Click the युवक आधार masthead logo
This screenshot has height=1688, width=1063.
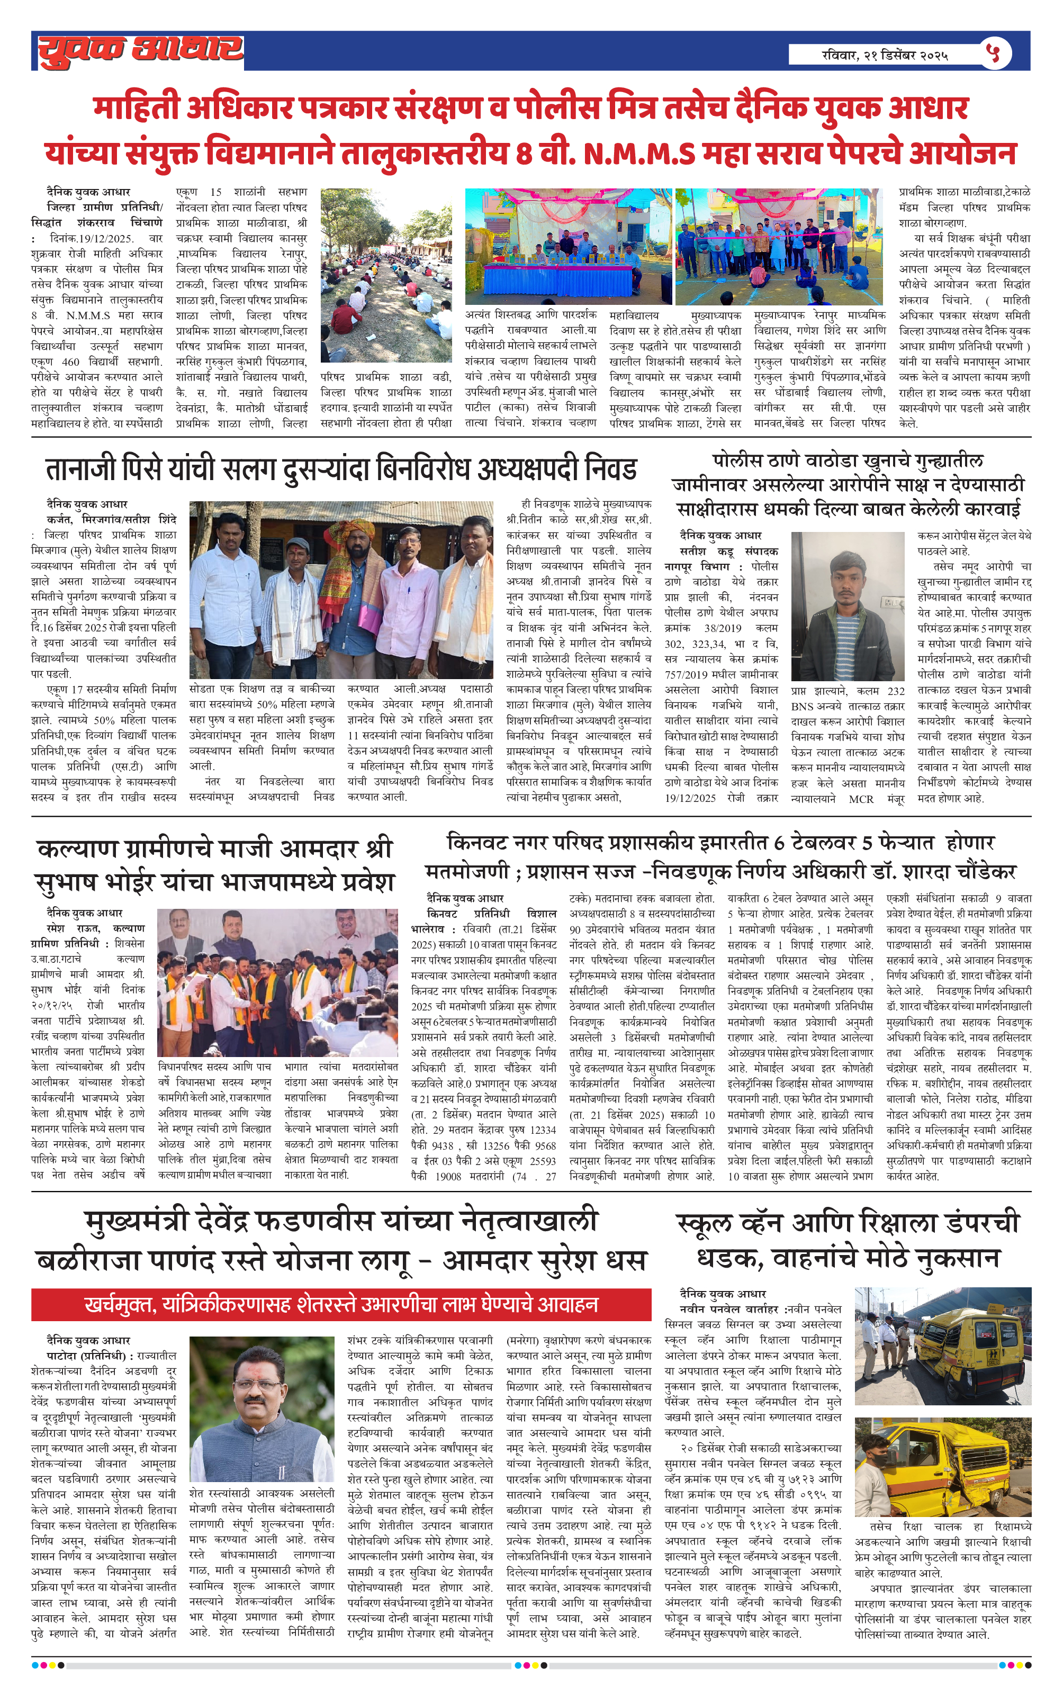[x=140, y=50]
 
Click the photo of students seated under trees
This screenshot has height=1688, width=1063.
[x=385, y=275]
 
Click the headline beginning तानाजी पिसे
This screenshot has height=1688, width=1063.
[x=341, y=470]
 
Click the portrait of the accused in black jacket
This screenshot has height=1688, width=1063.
[x=847, y=607]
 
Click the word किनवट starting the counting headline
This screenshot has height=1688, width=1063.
[x=477, y=842]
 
